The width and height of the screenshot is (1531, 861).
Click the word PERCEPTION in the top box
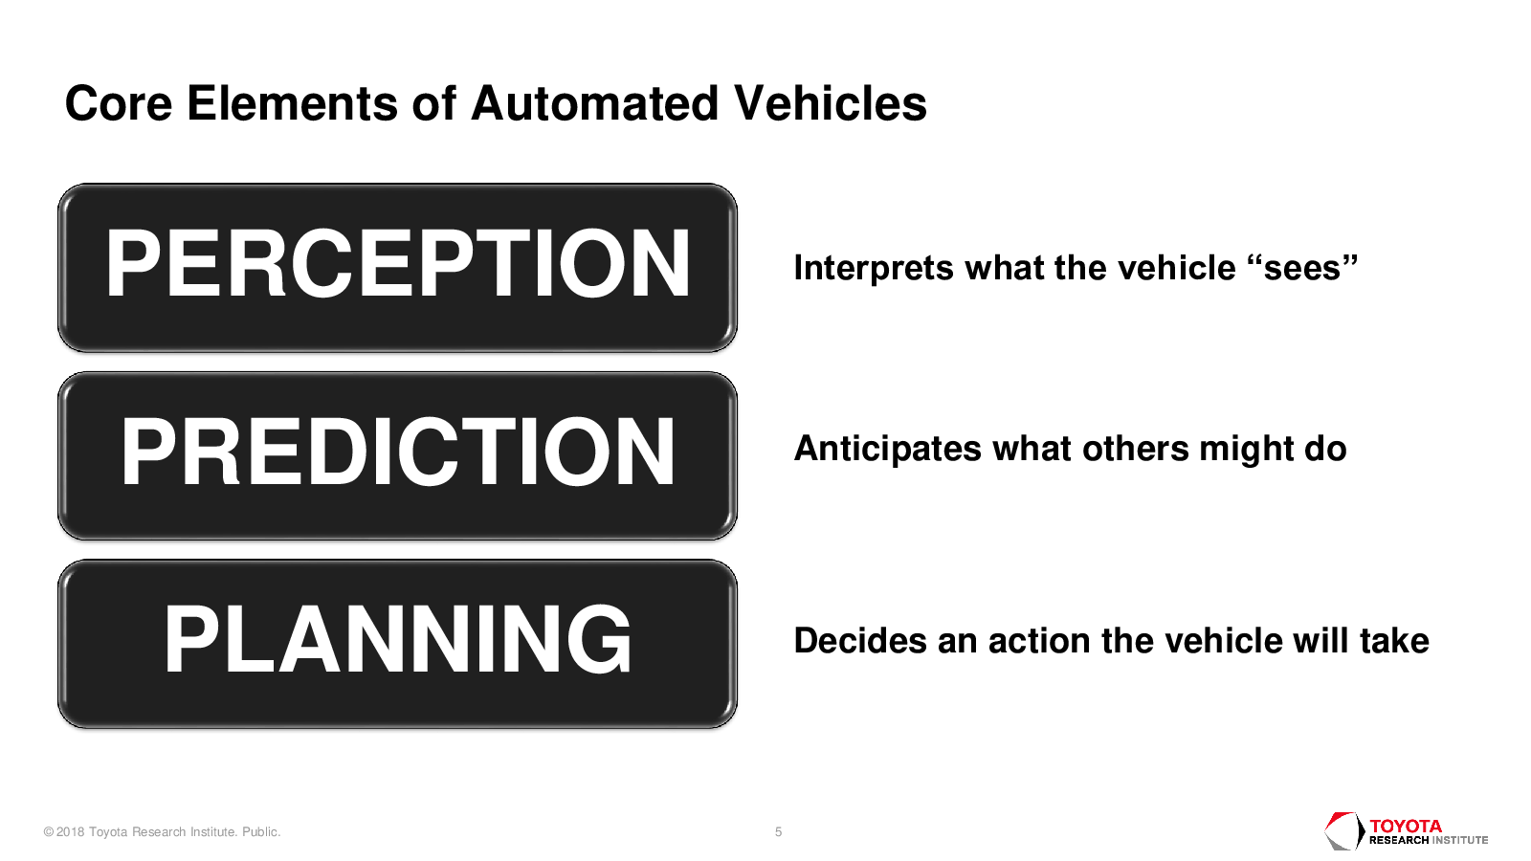tap(397, 264)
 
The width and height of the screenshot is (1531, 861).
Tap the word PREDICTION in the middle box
tap(398, 452)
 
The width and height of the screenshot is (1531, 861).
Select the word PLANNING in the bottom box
tap(398, 639)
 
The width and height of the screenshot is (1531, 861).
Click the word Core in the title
tap(119, 104)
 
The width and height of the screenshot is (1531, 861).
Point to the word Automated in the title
tap(594, 104)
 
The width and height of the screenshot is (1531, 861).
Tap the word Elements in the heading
tap(292, 104)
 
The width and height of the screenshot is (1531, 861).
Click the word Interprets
tap(873, 268)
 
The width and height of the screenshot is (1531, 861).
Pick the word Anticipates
tap(887, 450)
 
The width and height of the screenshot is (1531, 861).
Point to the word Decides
tap(860, 641)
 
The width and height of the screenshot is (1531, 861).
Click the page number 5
tap(779, 832)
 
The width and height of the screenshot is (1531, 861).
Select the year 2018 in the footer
tap(70, 832)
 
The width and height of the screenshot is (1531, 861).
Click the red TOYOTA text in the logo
tap(1406, 827)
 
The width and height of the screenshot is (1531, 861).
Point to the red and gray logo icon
tap(1344, 831)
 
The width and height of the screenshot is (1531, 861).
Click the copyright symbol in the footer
tap(49, 832)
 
